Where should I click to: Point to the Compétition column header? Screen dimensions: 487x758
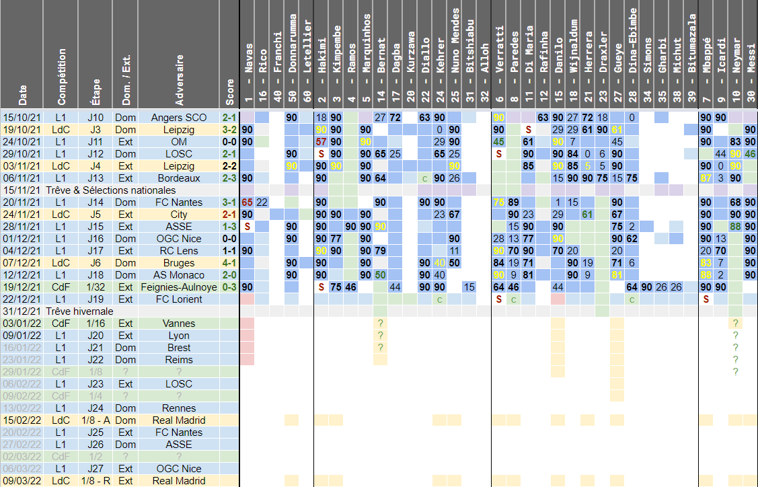coord(63,77)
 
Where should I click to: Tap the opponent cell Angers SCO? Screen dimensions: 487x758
coord(180,118)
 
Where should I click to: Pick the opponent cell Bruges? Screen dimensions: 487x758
coord(180,263)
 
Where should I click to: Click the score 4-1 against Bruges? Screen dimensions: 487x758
coord(229,263)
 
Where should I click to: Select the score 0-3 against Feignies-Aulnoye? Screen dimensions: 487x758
coord(229,287)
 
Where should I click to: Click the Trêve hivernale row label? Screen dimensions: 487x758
coord(75,311)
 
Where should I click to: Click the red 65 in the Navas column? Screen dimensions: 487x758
coord(247,202)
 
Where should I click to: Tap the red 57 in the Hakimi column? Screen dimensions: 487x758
coord(321,142)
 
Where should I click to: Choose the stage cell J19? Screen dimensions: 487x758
coord(96,299)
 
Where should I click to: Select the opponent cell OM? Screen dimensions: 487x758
coord(180,142)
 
